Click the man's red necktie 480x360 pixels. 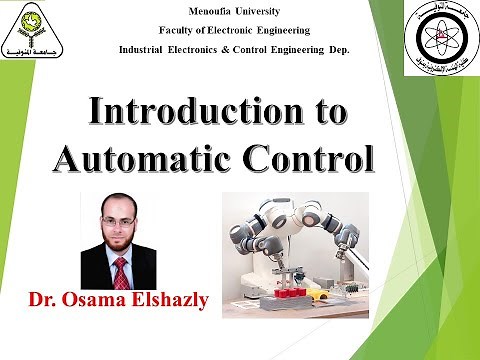click(x=120, y=271)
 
